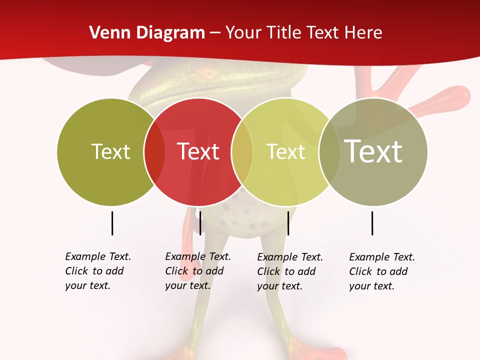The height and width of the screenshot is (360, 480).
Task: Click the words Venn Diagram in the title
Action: pos(147,33)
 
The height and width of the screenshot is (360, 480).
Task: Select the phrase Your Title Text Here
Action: pos(303,33)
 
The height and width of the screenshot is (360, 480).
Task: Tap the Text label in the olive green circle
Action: pos(110,151)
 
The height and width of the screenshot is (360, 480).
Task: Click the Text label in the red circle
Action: pos(198,151)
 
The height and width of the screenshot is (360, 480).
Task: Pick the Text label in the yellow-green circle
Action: pos(285,151)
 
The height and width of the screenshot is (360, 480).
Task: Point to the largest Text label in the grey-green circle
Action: pos(373,151)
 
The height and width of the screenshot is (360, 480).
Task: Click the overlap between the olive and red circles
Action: pos(154,152)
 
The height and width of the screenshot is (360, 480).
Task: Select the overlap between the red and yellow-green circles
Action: pos(242,152)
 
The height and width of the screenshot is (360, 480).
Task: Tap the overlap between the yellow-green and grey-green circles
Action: pos(329,152)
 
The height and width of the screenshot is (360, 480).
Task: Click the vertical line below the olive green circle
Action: pos(112,223)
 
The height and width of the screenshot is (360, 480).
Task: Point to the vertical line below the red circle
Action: pos(200,223)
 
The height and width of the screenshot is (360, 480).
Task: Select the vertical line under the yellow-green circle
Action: pos(288,223)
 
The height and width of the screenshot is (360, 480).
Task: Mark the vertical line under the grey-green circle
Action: pos(372,223)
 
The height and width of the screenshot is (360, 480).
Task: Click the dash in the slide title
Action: pos(215,33)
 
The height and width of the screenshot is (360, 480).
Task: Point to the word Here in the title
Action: pos(365,33)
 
